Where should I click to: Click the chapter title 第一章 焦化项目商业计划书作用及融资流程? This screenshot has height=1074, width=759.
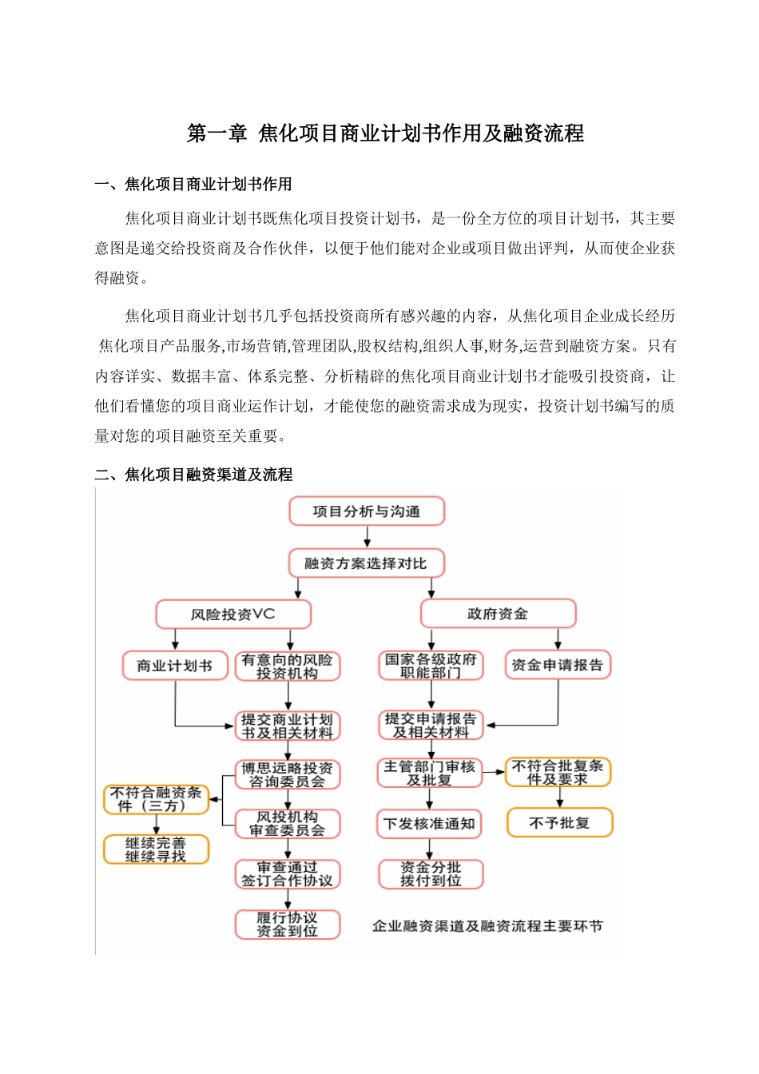[385, 133]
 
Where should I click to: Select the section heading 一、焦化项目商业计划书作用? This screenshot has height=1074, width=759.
[193, 185]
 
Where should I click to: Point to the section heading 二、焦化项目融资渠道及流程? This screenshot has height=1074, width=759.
[193, 475]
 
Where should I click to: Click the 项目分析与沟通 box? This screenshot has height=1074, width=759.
[367, 511]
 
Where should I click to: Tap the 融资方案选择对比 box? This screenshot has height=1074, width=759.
[366, 563]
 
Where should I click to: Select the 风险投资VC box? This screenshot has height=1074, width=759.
[232, 615]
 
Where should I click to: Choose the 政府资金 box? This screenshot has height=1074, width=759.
[498, 614]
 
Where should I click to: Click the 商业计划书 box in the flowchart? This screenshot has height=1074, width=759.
[174, 666]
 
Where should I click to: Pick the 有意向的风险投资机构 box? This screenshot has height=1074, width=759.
[288, 666]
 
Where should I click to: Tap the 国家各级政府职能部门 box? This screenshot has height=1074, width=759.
[431, 666]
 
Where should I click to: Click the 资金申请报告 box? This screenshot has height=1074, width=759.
[558, 665]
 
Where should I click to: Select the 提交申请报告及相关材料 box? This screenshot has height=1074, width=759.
[431, 725]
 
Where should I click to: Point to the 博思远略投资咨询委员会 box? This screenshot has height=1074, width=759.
[288, 774]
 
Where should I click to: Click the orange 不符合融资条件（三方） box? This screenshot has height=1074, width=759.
[156, 799]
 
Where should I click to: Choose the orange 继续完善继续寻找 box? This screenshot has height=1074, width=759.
[156, 849]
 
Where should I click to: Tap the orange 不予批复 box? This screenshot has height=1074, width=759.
[559, 822]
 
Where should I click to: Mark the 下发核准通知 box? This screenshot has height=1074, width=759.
[430, 824]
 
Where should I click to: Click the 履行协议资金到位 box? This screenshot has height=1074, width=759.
[288, 925]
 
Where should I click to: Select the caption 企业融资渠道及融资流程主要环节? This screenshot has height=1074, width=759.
[487, 926]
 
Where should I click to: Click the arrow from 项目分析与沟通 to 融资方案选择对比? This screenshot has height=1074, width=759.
[367, 537]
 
